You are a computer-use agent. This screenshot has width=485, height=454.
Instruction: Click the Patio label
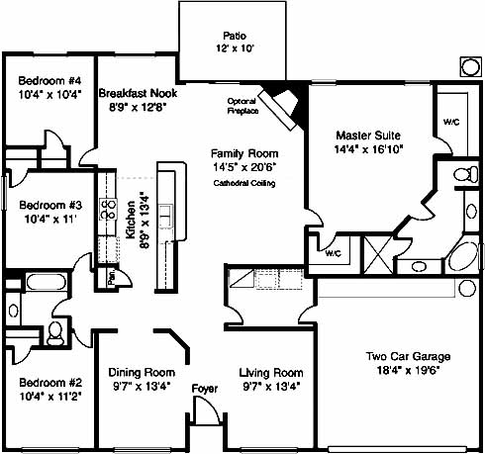(x=235, y=36)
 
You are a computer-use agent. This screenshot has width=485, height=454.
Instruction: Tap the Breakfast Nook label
(x=138, y=93)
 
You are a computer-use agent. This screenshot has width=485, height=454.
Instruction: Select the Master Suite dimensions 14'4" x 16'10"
(x=368, y=149)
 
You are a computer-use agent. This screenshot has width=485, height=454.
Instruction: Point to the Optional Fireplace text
(x=242, y=106)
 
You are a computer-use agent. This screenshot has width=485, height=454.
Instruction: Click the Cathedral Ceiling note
(x=244, y=183)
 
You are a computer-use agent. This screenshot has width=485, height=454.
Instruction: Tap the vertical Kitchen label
(x=131, y=220)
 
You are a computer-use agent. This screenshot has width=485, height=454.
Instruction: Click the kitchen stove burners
(x=109, y=209)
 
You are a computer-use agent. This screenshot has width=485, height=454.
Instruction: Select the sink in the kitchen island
(x=166, y=216)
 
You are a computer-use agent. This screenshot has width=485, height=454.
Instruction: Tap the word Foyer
(x=205, y=389)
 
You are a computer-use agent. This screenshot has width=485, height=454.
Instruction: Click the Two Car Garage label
(x=408, y=356)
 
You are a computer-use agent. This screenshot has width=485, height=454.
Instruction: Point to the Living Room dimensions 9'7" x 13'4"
(x=271, y=387)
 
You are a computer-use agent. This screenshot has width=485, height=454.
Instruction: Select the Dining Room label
(x=142, y=373)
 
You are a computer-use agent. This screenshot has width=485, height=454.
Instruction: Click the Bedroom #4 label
(x=49, y=81)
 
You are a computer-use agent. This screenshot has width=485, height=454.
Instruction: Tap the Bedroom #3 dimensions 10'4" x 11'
(x=50, y=219)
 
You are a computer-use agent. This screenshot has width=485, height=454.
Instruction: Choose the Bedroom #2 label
(x=50, y=383)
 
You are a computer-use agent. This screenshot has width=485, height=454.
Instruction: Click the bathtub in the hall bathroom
(x=47, y=282)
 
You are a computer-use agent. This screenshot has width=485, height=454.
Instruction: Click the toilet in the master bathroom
(x=465, y=174)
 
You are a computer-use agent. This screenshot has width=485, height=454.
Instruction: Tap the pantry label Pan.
(x=112, y=277)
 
